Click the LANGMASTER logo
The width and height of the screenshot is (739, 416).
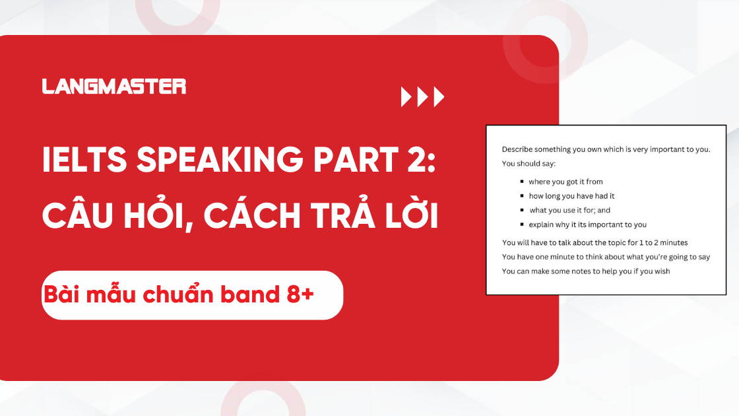(x=114, y=87)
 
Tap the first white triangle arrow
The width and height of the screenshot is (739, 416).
(x=406, y=97)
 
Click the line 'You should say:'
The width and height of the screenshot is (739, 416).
(x=529, y=163)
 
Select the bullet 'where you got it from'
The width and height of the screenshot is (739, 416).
(x=565, y=182)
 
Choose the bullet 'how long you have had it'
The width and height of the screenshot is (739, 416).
(x=571, y=196)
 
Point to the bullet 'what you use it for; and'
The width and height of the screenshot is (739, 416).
(x=570, y=211)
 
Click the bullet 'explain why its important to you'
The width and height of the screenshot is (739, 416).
(x=587, y=225)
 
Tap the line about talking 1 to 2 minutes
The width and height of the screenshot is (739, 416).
(x=594, y=243)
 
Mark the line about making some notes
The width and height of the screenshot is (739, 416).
(x=586, y=271)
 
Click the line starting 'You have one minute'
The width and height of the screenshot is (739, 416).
(x=606, y=257)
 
